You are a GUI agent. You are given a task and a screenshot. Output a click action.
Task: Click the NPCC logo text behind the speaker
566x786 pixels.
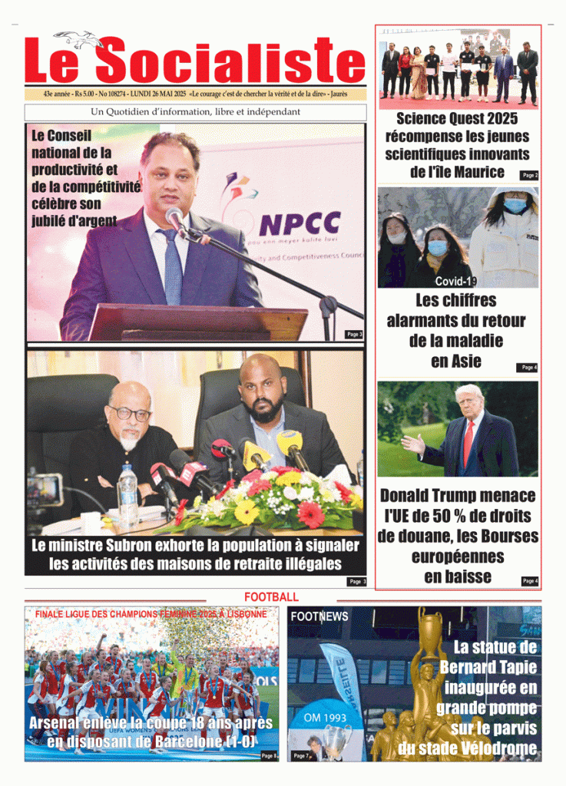click(299, 223)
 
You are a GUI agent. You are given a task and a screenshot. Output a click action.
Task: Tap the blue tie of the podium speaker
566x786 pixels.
click(172, 265)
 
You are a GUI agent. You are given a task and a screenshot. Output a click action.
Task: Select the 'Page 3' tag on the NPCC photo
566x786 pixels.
click(354, 334)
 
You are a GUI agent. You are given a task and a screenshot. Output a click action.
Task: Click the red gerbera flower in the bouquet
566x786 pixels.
click(310, 514)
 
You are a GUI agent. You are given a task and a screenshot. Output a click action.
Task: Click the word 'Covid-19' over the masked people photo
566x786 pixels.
click(456, 281)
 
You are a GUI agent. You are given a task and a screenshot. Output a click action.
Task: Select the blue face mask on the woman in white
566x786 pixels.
click(515, 206)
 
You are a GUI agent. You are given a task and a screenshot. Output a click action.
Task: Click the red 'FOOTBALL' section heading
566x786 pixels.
click(271, 597)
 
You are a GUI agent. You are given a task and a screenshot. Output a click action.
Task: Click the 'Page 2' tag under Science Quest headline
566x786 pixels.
click(530, 175)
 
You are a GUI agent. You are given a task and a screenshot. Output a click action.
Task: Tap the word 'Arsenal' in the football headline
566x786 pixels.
click(61, 724)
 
